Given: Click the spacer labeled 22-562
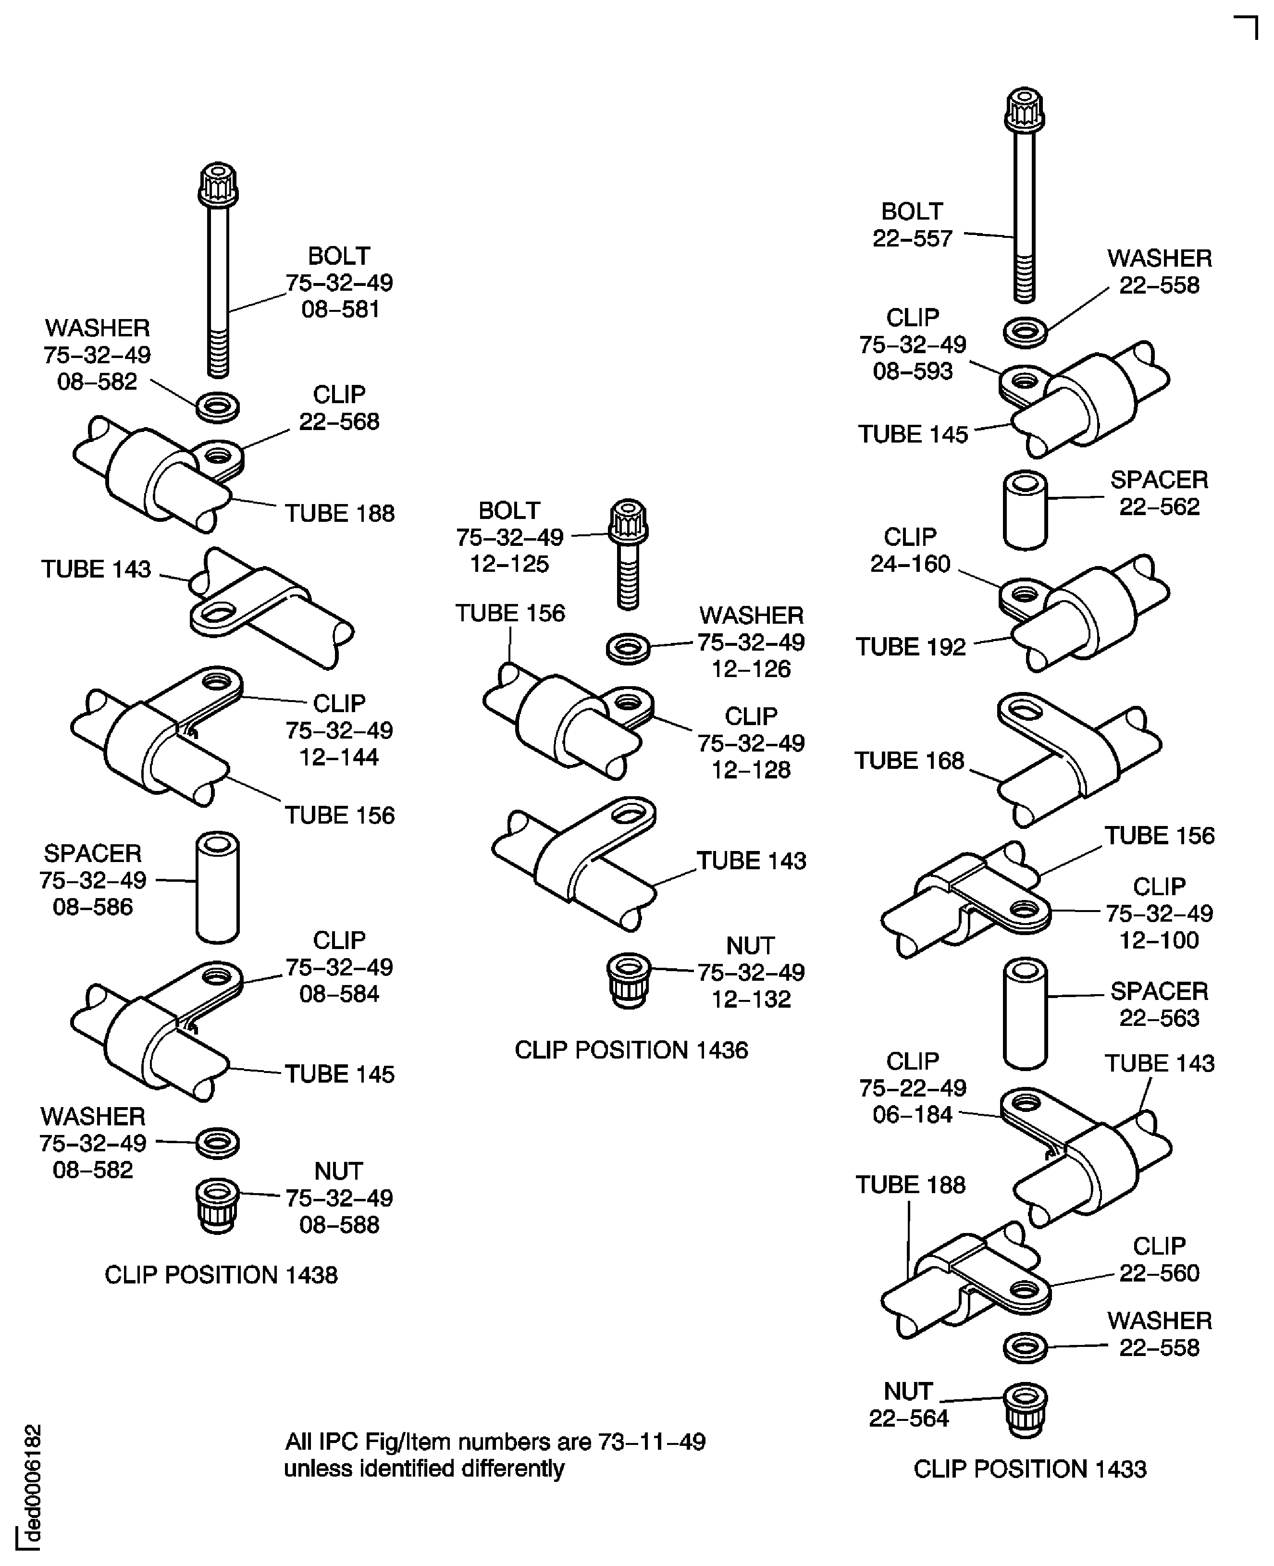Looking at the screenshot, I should click(1025, 510).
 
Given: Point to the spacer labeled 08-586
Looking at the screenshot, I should click(217, 887).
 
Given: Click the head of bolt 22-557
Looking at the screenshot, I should click(1025, 110).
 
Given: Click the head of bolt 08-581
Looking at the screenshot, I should click(218, 184).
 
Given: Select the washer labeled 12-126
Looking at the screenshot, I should click(628, 649).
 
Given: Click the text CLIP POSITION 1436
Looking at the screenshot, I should click(631, 1050).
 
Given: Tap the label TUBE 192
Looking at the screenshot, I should click(910, 646).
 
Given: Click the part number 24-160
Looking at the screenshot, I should click(910, 564).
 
